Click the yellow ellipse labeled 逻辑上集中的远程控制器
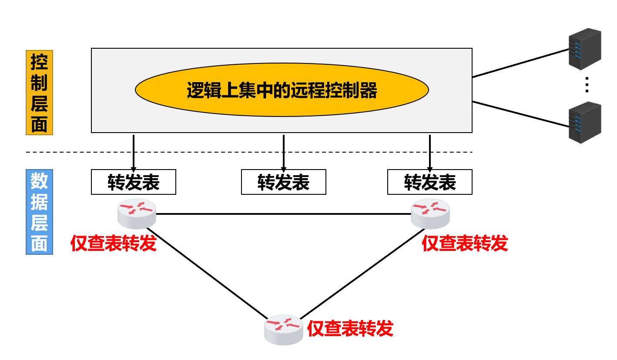[282, 90]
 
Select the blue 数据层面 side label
[39, 212]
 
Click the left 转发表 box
[133, 182]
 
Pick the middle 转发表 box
[283, 182]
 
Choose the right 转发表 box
[429, 182]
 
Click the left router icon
[137, 213]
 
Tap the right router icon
[430, 213]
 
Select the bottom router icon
[283, 330]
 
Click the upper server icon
[585, 49]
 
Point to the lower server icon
[585, 122]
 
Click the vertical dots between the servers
[587, 85]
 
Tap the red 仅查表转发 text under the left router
[113, 243]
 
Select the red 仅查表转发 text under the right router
[465, 243]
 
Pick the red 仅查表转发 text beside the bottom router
[350, 329]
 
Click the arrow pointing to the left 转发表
[134, 152]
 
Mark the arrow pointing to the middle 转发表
[284, 152]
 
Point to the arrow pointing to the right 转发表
[430, 152]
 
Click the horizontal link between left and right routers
[283, 214]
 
